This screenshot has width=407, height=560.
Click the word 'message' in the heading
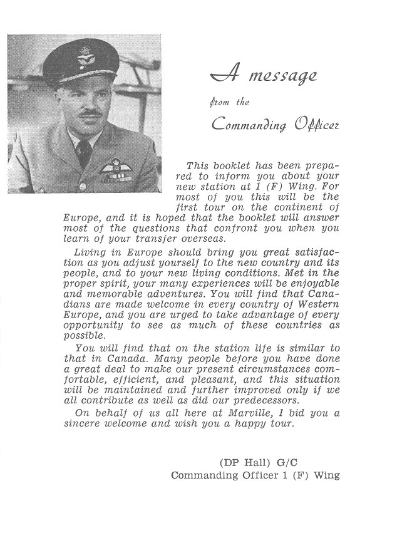pyautogui.click(x=283, y=77)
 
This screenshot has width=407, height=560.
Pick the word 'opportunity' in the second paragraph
pyautogui.click(x=92, y=325)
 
